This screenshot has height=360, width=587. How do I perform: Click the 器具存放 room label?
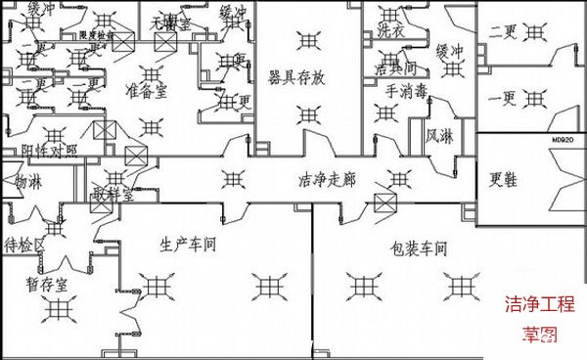point(304,77)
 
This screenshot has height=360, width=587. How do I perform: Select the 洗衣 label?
point(390,29)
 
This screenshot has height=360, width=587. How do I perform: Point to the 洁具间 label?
point(396,69)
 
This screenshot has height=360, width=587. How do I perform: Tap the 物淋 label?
point(27,182)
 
